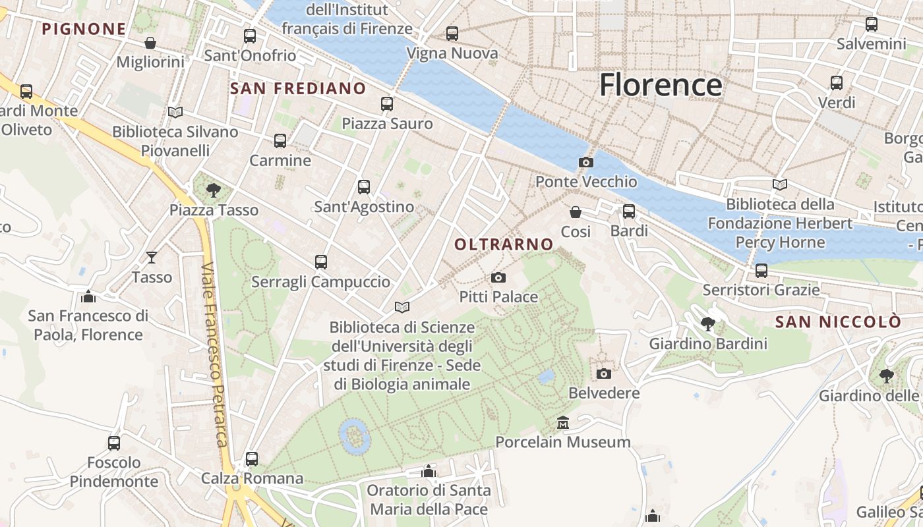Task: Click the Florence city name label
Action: [x=661, y=85]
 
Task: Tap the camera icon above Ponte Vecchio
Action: [x=585, y=162]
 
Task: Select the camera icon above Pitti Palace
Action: [x=498, y=277]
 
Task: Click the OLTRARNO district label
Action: [x=504, y=244]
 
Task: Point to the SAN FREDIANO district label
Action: [x=297, y=88]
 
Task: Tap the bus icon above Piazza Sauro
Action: [x=387, y=104]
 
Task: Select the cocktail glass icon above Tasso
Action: [x=152, y=258]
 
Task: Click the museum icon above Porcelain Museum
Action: [x=562, y=422]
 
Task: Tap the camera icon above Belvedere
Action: [x=603, y=374]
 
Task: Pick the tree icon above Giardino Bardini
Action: [x=708, y=324]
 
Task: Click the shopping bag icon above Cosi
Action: [x=576, y=212]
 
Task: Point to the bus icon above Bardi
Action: [x=629, y=211]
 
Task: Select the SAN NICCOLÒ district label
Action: [x=837, y=322]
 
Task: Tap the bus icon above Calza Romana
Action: [x=251, y=458]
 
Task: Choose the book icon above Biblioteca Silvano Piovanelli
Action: [x=175, y=113]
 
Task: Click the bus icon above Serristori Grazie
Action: [x=761, y=271]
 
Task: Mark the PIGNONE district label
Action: [x=83, y=29]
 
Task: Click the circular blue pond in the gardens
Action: [x=354, y=436]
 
